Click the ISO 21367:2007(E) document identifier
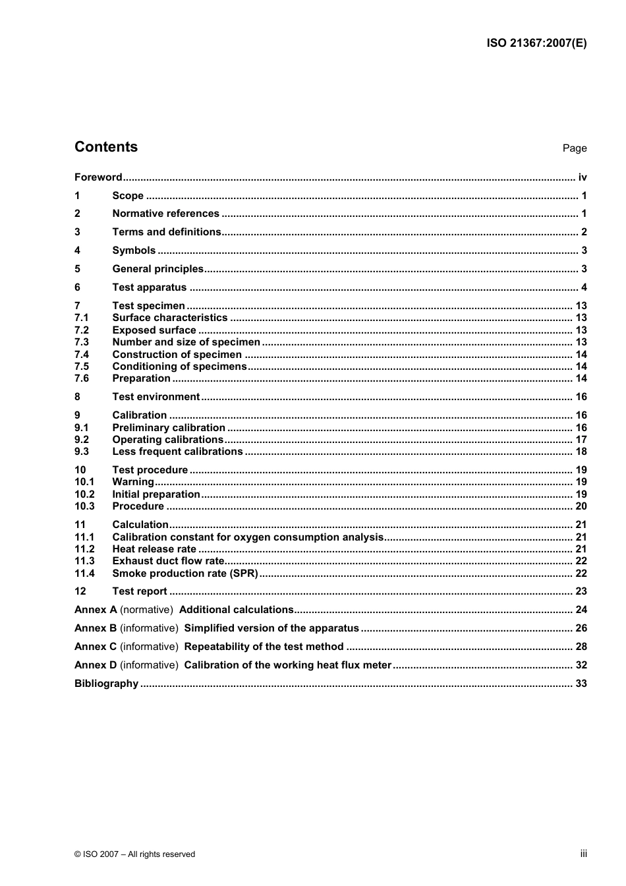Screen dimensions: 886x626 (x=536, y=44)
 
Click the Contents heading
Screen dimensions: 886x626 (x=106, y=147)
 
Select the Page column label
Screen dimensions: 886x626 (x=574, y=148)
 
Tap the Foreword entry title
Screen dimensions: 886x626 (x=98, y=177)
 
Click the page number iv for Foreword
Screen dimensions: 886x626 (x=582, y=177)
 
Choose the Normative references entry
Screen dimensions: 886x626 (x=165, y=214)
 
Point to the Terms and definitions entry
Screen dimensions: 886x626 (x=167, y=232)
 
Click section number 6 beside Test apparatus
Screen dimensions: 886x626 (x=78, y=287)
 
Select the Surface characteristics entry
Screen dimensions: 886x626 (x=169, y=318)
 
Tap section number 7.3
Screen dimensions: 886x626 (x=82, y=342)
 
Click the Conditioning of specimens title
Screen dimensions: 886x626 (x=179, y=367)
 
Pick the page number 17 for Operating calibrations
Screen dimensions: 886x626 (x=581, y=440)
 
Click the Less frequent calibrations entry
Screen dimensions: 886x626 (x=177, y=452)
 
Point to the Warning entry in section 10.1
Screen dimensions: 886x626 (x=133, y=482)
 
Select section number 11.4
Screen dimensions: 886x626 (x=84, y=574)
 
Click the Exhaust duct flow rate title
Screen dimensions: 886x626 (x=169, y=561)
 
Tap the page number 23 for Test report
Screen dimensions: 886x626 (x=581, y=591)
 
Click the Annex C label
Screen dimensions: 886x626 (x=96, y=647)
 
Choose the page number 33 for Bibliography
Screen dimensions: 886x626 (x=581, y=684)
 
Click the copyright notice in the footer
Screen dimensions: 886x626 (x=134, y=854)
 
